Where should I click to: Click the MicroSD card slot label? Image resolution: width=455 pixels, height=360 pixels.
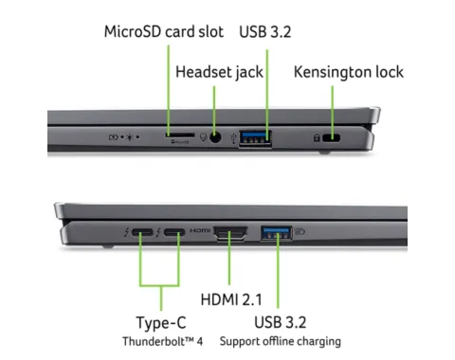pyautogui.click(x=163, y=32)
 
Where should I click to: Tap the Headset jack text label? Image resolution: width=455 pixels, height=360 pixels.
pyautogui.click(x=219, y=72)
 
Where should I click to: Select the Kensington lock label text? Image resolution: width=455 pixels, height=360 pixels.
pyautogui.click(x=348, y=72)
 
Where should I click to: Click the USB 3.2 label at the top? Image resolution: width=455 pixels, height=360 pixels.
pyautogui.click(x=265, y=32)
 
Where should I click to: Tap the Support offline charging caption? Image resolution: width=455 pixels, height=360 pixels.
pyautogui.click(x=281, y=341)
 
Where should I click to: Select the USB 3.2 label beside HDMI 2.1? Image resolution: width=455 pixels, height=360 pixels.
pyautogui.click(x=281, y=322)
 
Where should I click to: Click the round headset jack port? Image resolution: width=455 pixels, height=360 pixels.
pyautogui.click(x=219, y=137)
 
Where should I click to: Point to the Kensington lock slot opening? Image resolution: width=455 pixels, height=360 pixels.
pyautogui.click(x=332, y=138)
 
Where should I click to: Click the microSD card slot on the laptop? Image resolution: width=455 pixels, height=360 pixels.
pyautogui.click(x=176, y=136)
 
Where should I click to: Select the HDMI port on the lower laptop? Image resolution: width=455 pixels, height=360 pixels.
pyautogui.click(x=232, y=232)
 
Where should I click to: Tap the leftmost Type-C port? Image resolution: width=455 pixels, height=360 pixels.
pyautogui.click(x=142, y=232)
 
